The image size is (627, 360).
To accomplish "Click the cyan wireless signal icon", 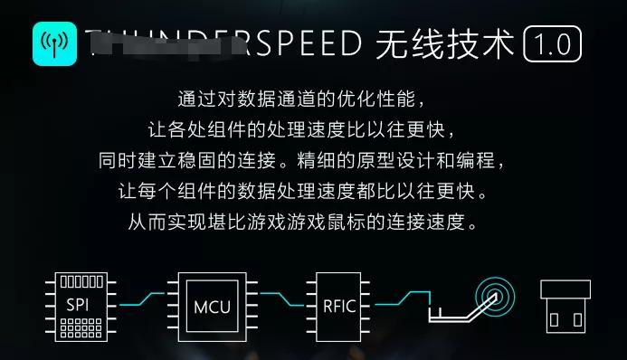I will (54, 42).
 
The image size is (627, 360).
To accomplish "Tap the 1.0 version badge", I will (552, 43).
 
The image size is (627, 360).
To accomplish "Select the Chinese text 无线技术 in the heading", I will (444, 43).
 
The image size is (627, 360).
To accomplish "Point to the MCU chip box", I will (212, 305).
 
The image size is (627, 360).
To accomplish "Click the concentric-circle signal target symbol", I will (493, 296).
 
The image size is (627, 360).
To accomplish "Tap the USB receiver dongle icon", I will (565, 306).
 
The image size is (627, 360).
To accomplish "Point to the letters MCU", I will (212, 306).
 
